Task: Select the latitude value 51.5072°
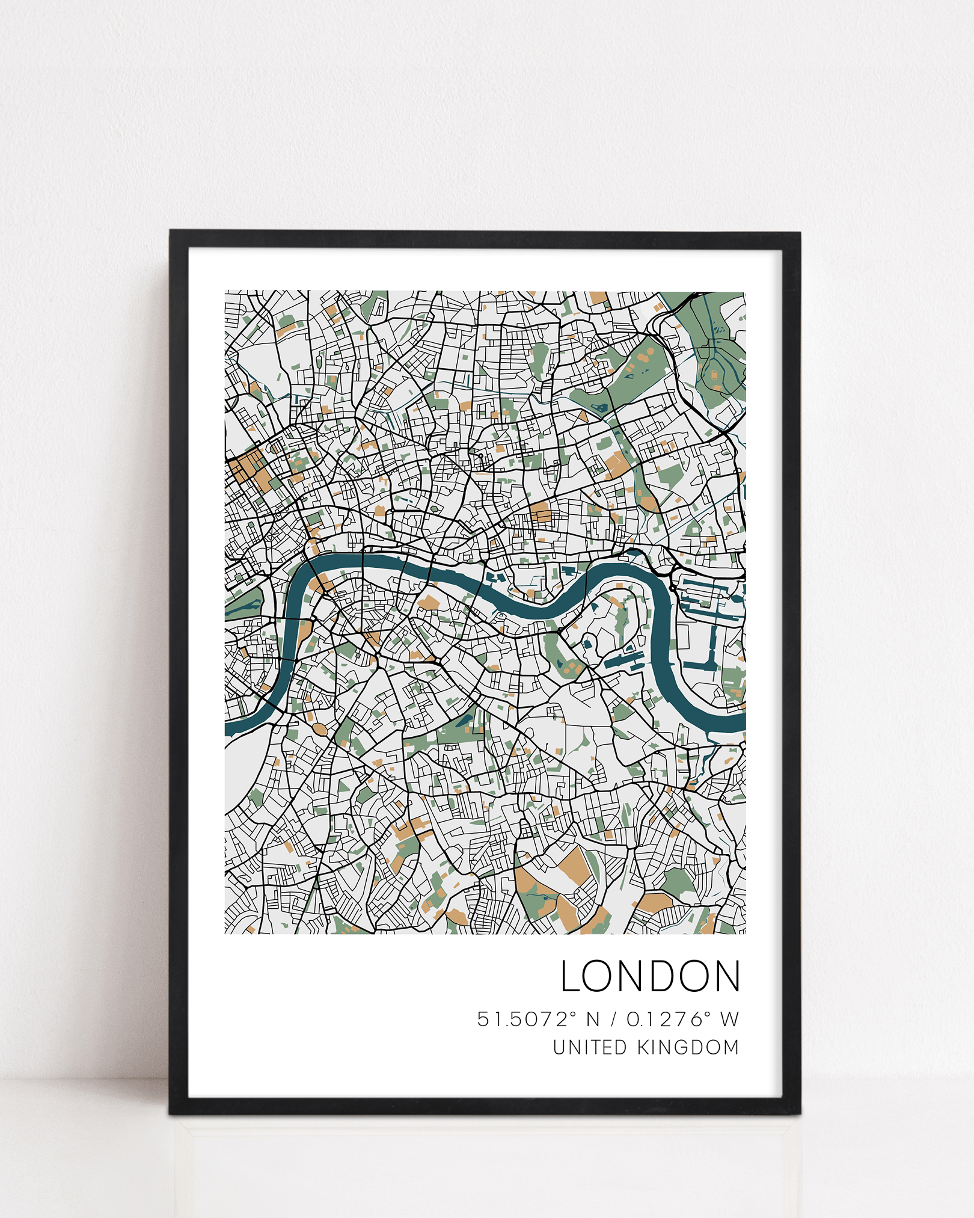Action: pyautogui.click(x=527, y=1019)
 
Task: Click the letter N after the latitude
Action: pyautogui.click(x=593, y=1020)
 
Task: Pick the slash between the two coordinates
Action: pyautogui.click(x=613, y=1020)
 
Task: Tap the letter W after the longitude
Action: pyautogui.click(x=729, y=1020)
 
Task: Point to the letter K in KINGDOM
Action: pyautogui.click(x=643, y=1047)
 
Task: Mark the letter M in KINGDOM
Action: pyautogui.click(x=731, y=1047)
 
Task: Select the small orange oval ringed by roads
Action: pyautogui.click(x=319, y=730)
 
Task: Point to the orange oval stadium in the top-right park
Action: pyautogui.click(x=714, y=375)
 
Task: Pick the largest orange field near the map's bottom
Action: pyautogui.click(x=574, y=867)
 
